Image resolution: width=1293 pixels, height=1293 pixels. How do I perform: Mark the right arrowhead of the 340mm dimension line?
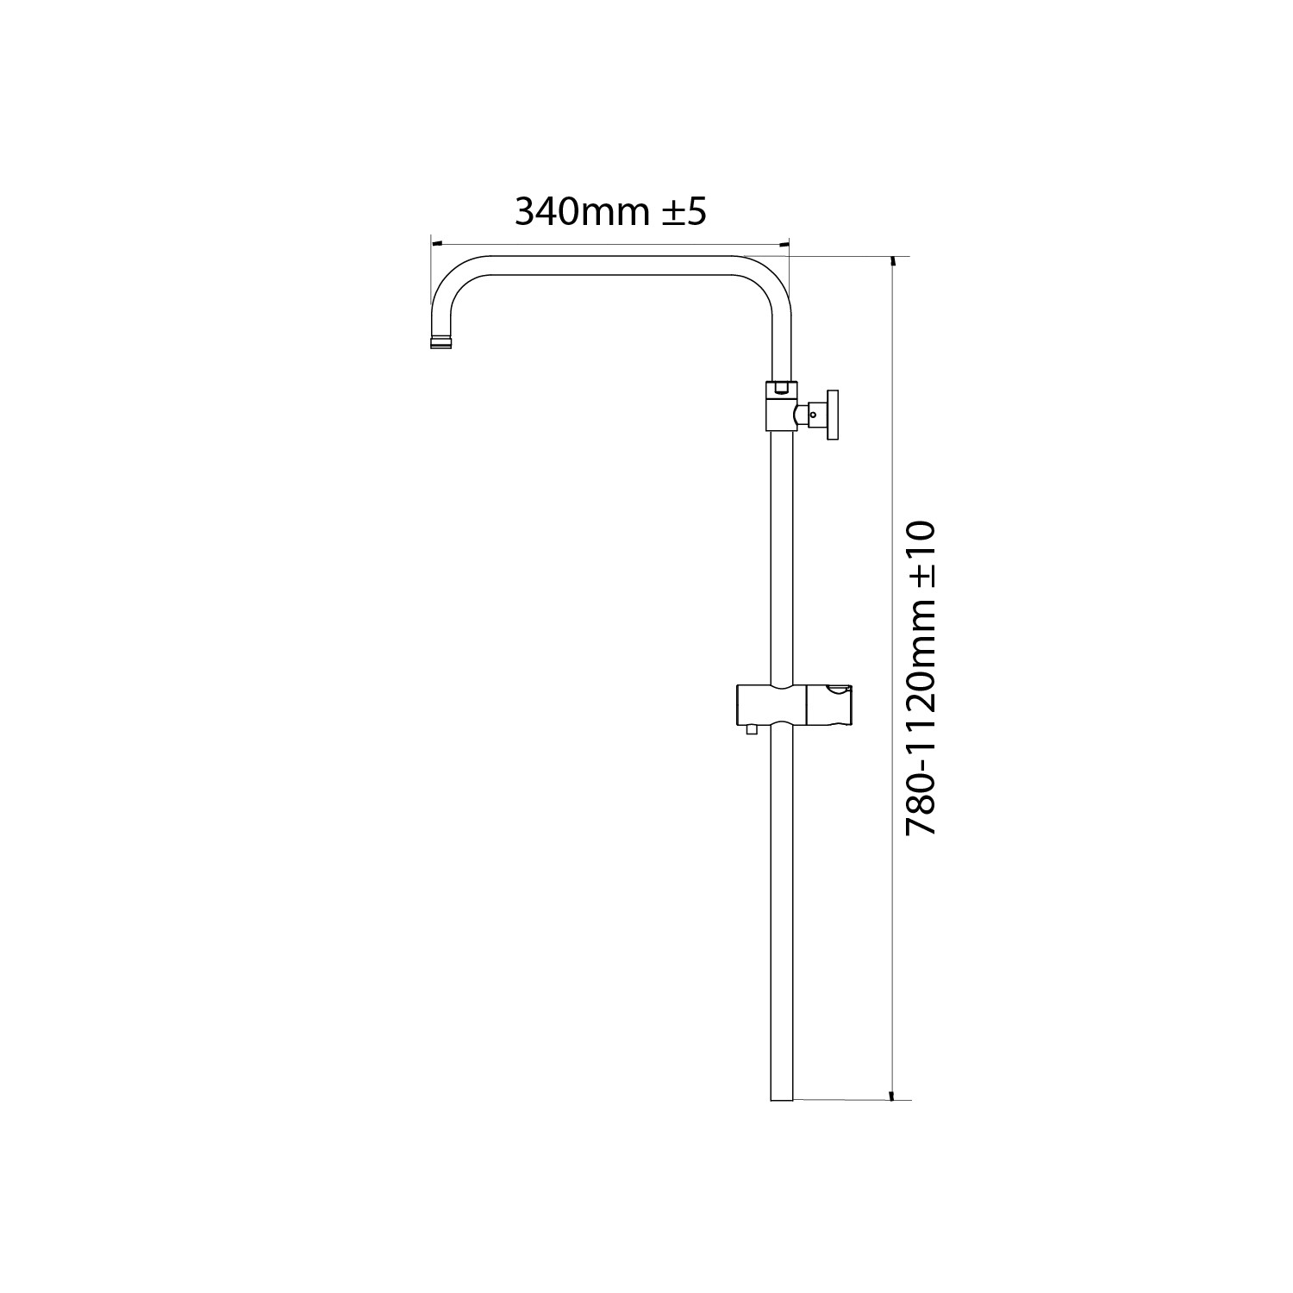[784, 245]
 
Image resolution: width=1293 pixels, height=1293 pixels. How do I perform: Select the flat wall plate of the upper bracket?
[833, 415]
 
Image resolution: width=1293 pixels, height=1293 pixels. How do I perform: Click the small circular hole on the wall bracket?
[812, 415]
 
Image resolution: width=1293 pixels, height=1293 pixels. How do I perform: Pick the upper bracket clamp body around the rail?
[780, 406]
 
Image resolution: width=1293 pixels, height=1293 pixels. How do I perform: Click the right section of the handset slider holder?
[828, 704]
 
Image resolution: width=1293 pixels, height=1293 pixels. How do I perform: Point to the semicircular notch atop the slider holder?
[835, 689]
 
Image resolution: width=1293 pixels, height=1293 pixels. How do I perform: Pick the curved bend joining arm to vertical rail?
[767, 280]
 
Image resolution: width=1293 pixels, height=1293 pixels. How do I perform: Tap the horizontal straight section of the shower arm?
[612, 265]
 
